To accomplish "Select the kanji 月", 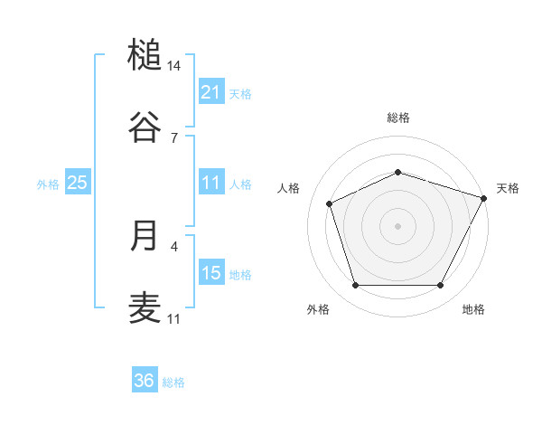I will pyautogui.click(x=145, y=235).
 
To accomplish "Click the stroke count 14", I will pyautogui.click(x=174, y=66).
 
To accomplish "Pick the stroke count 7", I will pyautogui.click(x=174, y=137).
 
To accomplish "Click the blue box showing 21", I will pyautogui.click(x=211, y=92).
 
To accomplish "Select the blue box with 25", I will pyautogui.click(x=78, y=183).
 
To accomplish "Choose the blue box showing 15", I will pyautogui.click(x=211, y=273).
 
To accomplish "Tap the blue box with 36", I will pyautogui.click(x=145, y=381).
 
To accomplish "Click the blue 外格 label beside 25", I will pyautogui.click(x=48, y=184).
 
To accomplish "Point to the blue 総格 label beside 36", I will pyautogui.click(x=173, y=382).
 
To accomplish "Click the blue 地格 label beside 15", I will pyautogui.click(x=240, y=275).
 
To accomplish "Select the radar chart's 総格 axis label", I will pyautogui.click(x=398, y=118).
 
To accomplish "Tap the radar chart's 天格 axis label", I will pyautogui.click(x=508, y=188).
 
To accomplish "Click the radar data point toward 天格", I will pyautogui.click(x=485, y=197).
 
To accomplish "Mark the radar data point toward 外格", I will pyautogui.click(x=355, y=286).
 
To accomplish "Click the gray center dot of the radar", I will pyautogui.click(x=398, y=225).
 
